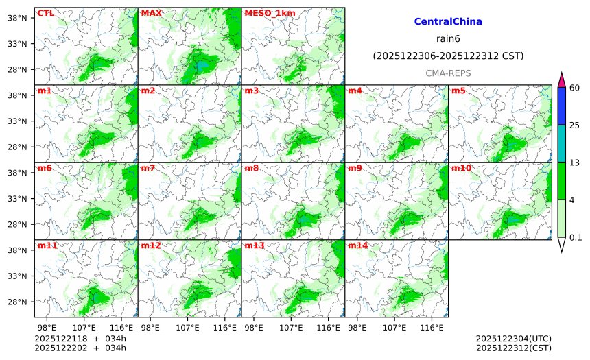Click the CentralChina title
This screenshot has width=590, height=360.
[x=448, y=22]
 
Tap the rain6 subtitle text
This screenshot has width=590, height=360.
[x=448, y=38]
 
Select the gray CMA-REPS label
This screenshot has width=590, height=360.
[x=448, y=73]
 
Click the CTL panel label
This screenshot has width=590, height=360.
[x=45, y=13]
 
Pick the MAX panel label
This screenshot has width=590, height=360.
[x=151, y=13]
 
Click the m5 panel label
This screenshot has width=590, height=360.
[x=458, y=91]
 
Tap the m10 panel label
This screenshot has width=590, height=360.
[x=460, y=168]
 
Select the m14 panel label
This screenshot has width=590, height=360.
[x=357, y=245]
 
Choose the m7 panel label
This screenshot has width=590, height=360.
[x=148, y=168]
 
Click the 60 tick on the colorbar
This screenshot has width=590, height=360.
[x=575, y=88]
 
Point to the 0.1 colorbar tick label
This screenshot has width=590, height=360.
[x=576, y=237]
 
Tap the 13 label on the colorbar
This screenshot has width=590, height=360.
[x=575, y=162]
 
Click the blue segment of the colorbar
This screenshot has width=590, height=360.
[x=561, y=106]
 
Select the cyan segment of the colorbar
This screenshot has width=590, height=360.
[x=561, y=143]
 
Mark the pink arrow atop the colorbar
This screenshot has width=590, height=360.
[x=561, y=80]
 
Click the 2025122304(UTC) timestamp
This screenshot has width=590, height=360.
[x=513, y=339]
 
